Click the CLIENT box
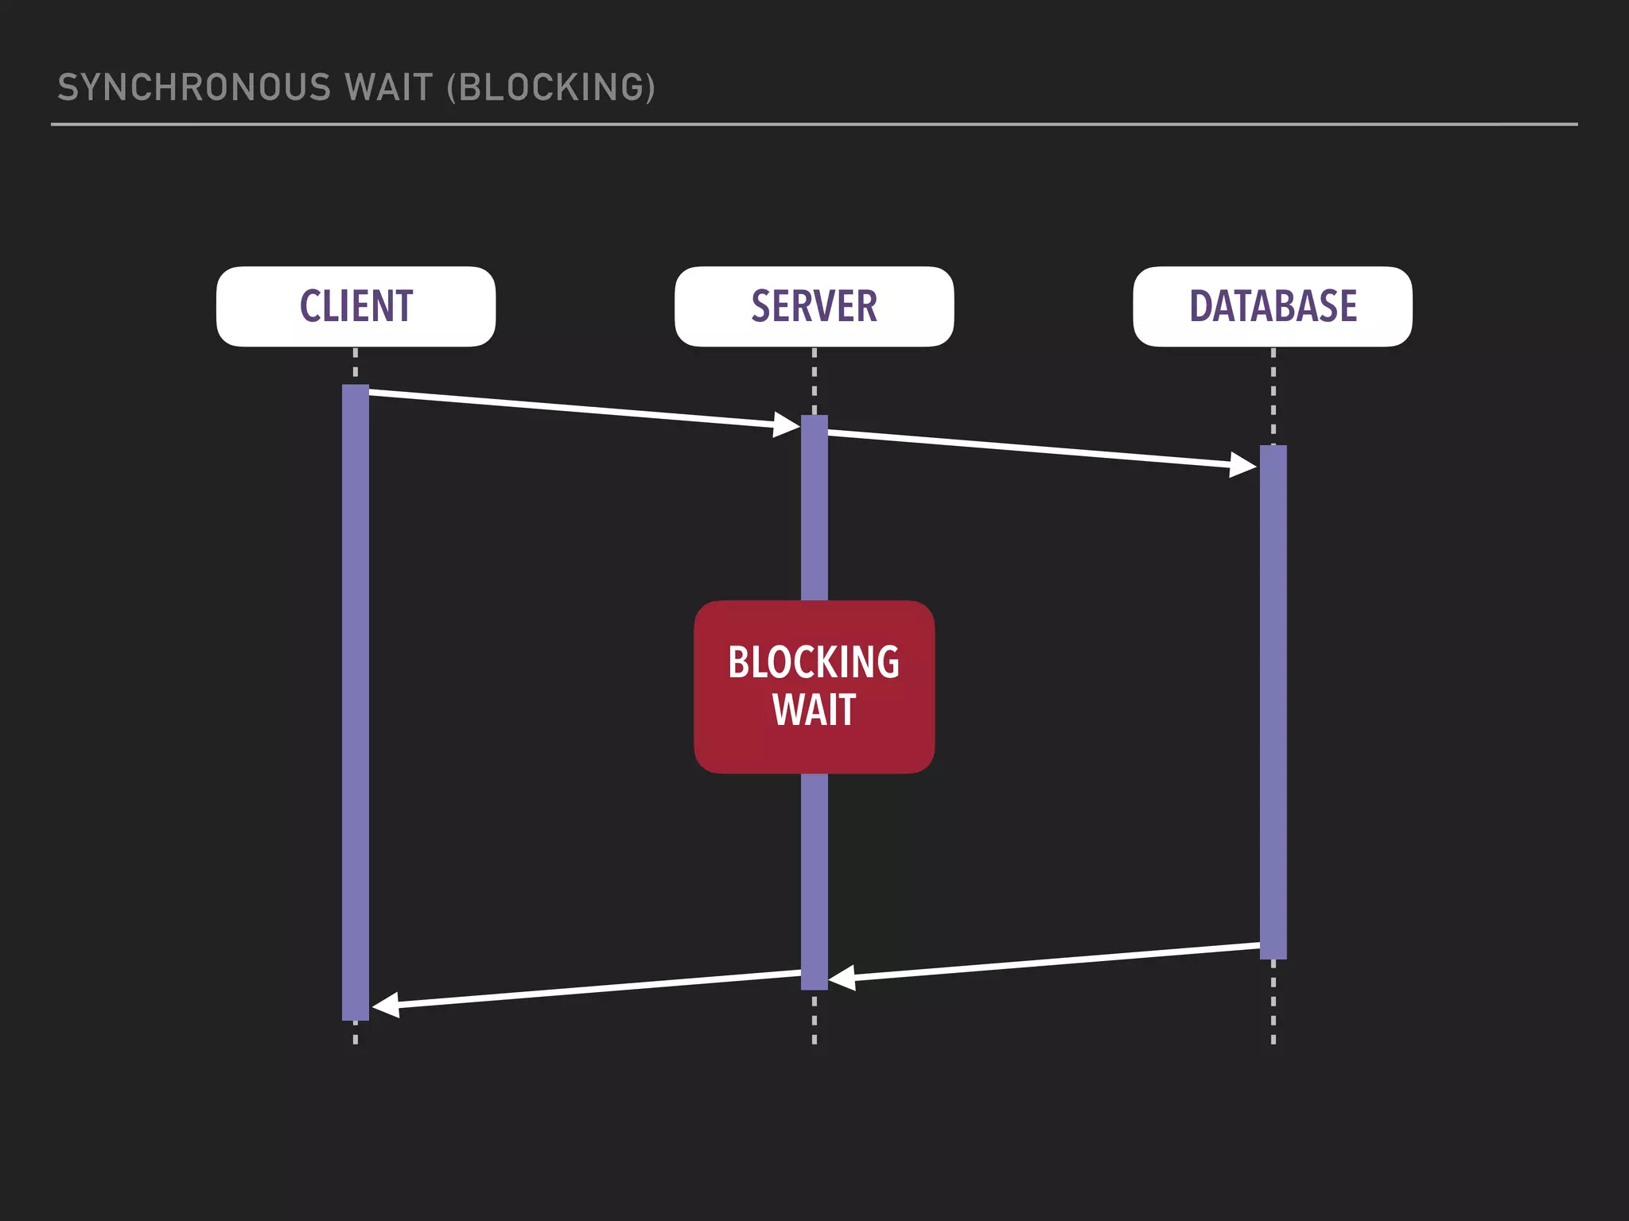[x=356, y=306]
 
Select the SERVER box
[x=814, y=306]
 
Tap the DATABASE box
[x=1273, y=306]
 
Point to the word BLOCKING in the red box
[x=814, y=662]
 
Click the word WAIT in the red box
[x=814, y=710]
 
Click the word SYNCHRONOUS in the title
[x=194, y=87]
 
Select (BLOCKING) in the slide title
[x=551, y=87]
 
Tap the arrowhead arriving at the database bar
[x=1243, y=465]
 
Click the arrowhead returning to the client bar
[x=386, y=1006]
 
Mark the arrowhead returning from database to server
[x=842, y=978]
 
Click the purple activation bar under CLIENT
[x=356, y=700]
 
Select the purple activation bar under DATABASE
[x=1273, y=700]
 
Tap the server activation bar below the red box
[x=814, y=874]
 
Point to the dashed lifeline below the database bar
[x=1273, y=1002]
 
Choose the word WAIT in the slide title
[x=389, y=87]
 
